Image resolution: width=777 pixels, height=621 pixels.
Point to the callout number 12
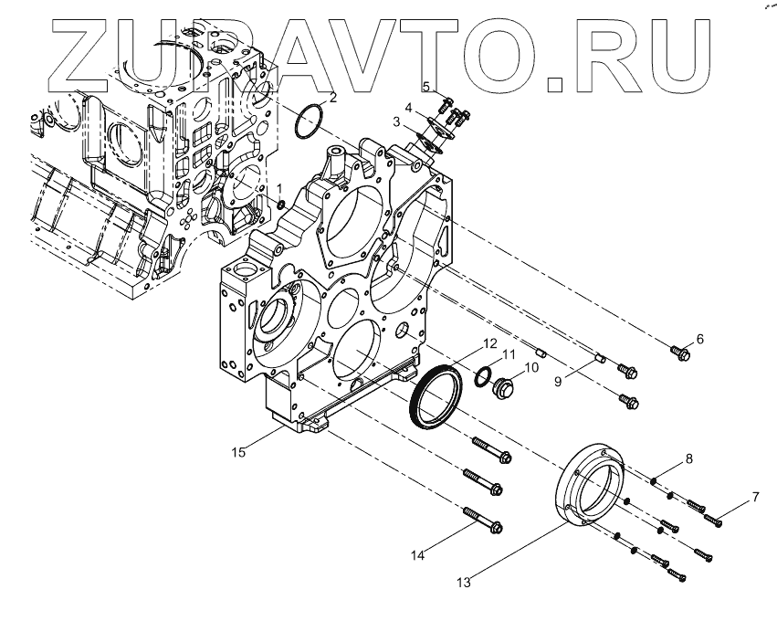(489, 344)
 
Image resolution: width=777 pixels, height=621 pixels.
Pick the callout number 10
(532, 370)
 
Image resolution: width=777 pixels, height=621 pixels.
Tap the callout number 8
(689, 458)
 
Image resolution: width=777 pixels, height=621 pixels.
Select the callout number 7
(755, 497)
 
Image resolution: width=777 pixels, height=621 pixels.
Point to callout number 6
(700, 339)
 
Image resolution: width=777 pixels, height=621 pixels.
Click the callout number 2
(332, 96)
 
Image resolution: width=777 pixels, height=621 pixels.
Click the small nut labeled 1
(281, 202)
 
